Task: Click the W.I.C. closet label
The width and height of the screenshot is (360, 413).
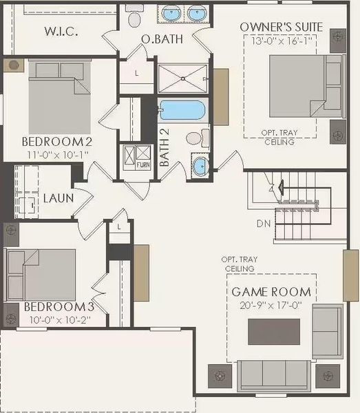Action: [x=62, y=31]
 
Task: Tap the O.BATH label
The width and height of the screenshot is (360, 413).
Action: [x=162, y=39]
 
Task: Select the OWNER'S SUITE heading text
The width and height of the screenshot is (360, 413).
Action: [x=281, y=26]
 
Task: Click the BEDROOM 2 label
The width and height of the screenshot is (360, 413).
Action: [x=57, y=142]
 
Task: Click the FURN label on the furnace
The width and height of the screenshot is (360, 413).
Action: [x=143, y=166]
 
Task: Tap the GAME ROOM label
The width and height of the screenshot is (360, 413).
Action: [x=271, y=292]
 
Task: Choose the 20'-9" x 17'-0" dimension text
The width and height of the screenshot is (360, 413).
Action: [x=271, y=304]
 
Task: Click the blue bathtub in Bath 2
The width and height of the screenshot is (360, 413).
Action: [x=182, y=111]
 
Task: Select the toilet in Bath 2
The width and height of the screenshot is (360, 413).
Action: [x=195, y=138]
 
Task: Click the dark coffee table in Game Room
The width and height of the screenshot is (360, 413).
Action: [x=274, y=332]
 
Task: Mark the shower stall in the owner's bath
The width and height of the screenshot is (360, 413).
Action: [x=182, y=78]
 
